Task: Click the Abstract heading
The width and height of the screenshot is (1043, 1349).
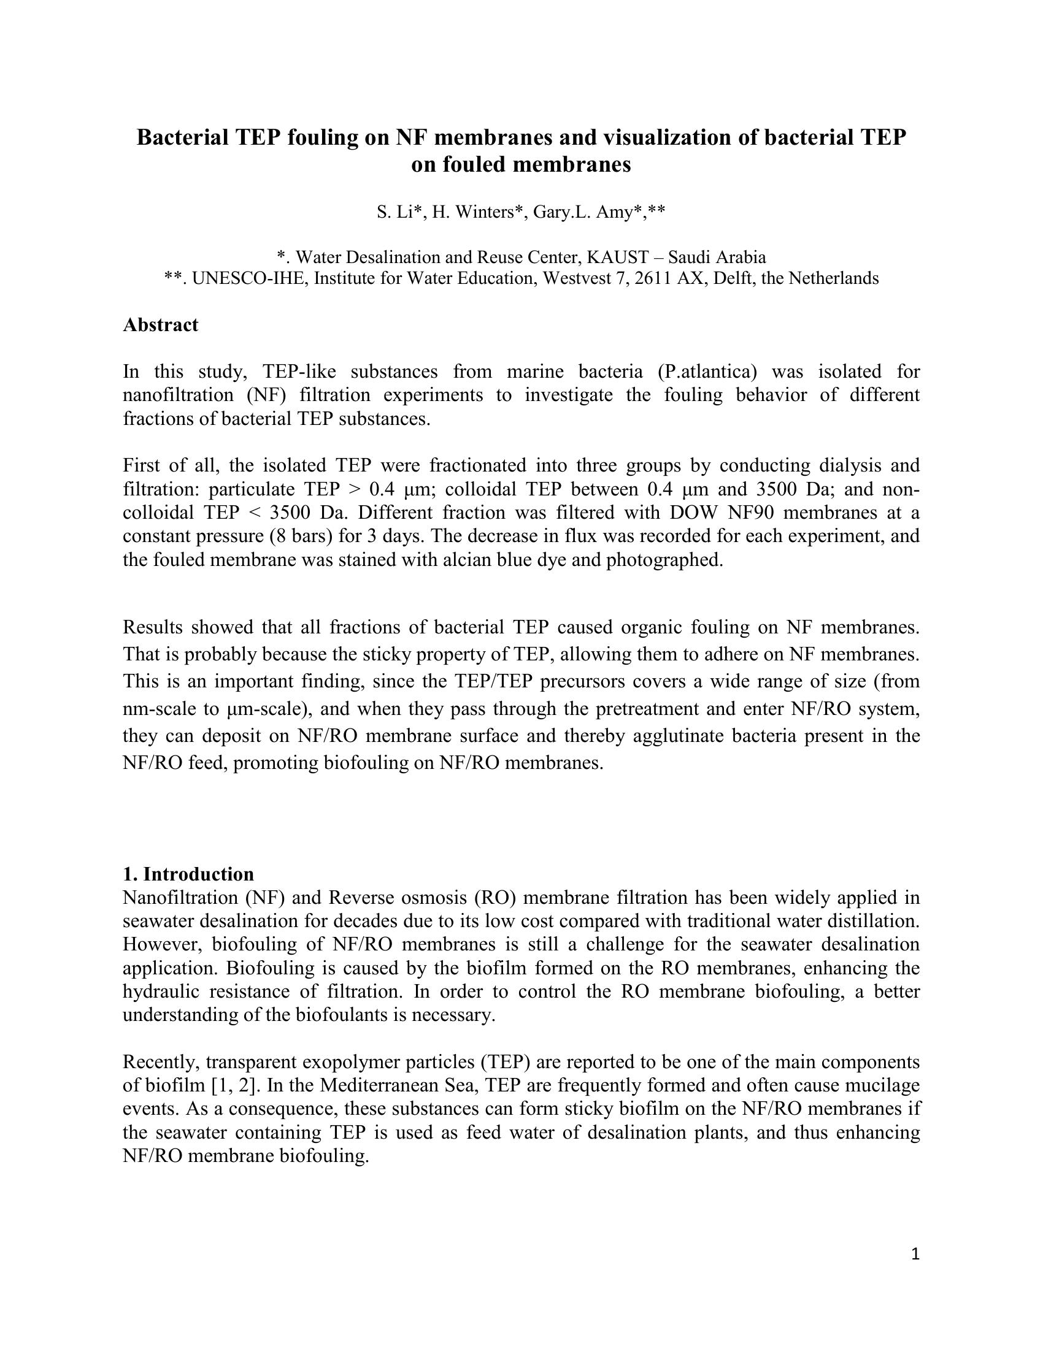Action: click(160, 325)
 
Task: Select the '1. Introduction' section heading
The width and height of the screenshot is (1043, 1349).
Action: click(188, 874)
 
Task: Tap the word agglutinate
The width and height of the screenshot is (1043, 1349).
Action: click(715, 736)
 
